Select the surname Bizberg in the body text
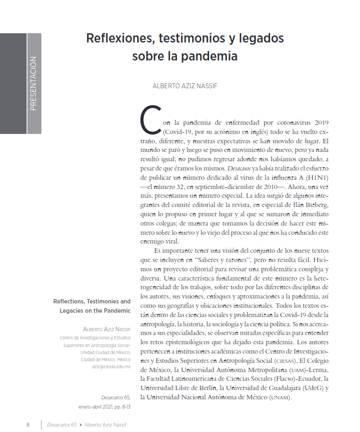coord(316,205)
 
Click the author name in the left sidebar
coord(106,330)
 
